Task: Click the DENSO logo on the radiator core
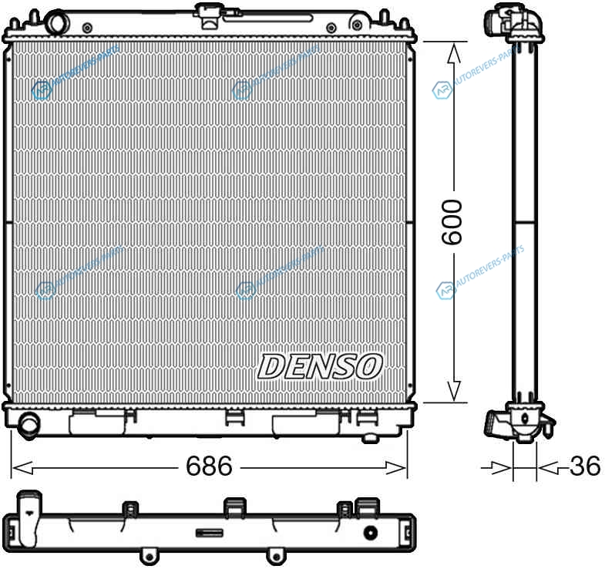320,366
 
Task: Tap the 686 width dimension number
209,466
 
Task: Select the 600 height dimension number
452,222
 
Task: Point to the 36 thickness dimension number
585,466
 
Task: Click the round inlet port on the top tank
56,23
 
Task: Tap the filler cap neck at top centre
208,15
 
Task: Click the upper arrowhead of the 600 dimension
454,53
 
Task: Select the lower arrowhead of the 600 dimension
454,391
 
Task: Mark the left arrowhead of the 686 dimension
22,468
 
